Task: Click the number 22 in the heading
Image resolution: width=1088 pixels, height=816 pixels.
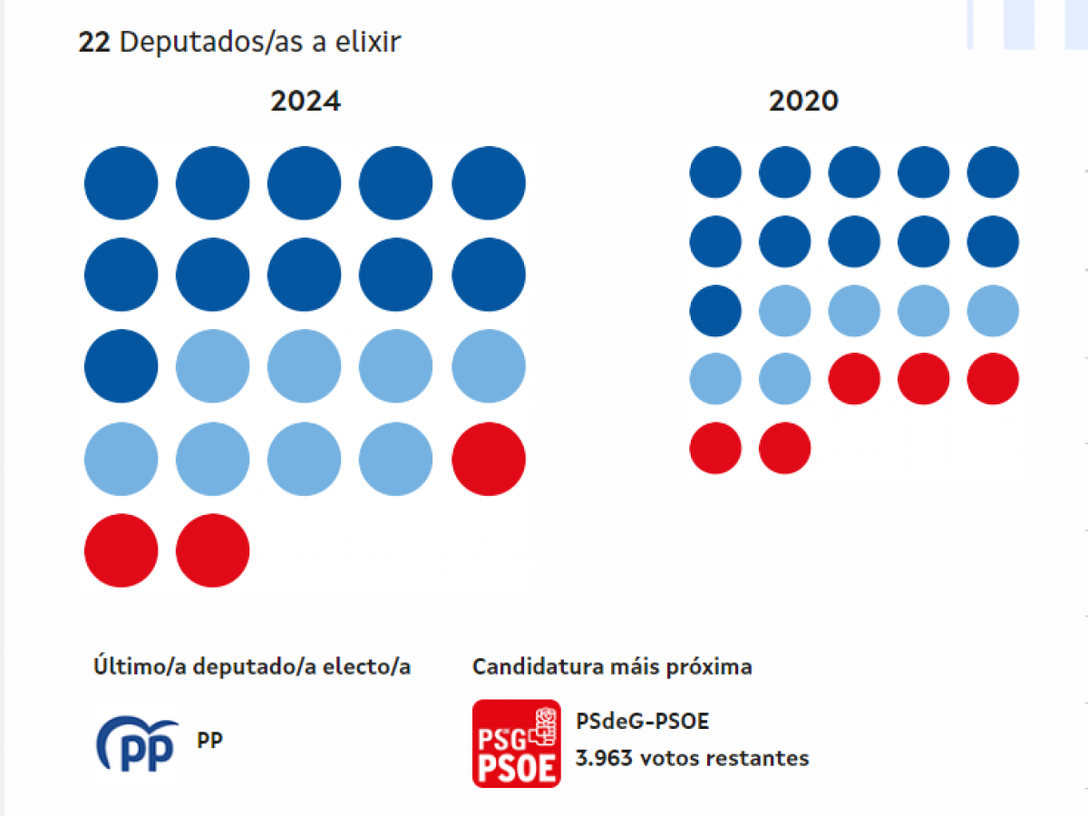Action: coord(94,43)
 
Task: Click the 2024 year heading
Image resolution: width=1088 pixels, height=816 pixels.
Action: coord(306,101)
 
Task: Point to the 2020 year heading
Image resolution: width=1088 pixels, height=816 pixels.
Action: coord(803,101)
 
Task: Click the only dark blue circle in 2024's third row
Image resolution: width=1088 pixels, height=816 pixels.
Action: coord(121,366)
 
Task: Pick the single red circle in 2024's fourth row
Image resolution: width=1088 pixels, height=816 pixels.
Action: coord(489,458)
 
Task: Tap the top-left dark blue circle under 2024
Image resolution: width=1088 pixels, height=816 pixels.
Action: coord(121,183)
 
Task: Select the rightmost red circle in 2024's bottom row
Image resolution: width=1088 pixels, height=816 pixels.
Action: coord(212,550)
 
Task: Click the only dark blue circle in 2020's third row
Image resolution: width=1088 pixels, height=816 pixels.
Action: coord(715,310)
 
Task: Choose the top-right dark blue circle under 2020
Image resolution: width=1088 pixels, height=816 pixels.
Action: coord(993,172)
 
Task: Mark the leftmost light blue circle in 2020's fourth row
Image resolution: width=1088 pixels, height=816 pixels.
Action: coord(715,379)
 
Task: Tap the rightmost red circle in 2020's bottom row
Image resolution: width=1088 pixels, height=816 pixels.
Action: coord(784,448)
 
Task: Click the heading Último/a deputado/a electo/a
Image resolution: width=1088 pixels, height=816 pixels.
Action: coord(252,667)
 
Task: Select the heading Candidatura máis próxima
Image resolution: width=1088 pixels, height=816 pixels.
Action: coord(612,667)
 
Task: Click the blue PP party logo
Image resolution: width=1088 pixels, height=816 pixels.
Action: coord(138,743)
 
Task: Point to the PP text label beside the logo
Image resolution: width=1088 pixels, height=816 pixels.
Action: coord(209,741)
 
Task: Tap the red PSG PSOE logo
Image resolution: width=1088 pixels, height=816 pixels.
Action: coord(516,743)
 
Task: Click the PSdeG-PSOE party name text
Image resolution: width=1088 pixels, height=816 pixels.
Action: coord(642,722)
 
